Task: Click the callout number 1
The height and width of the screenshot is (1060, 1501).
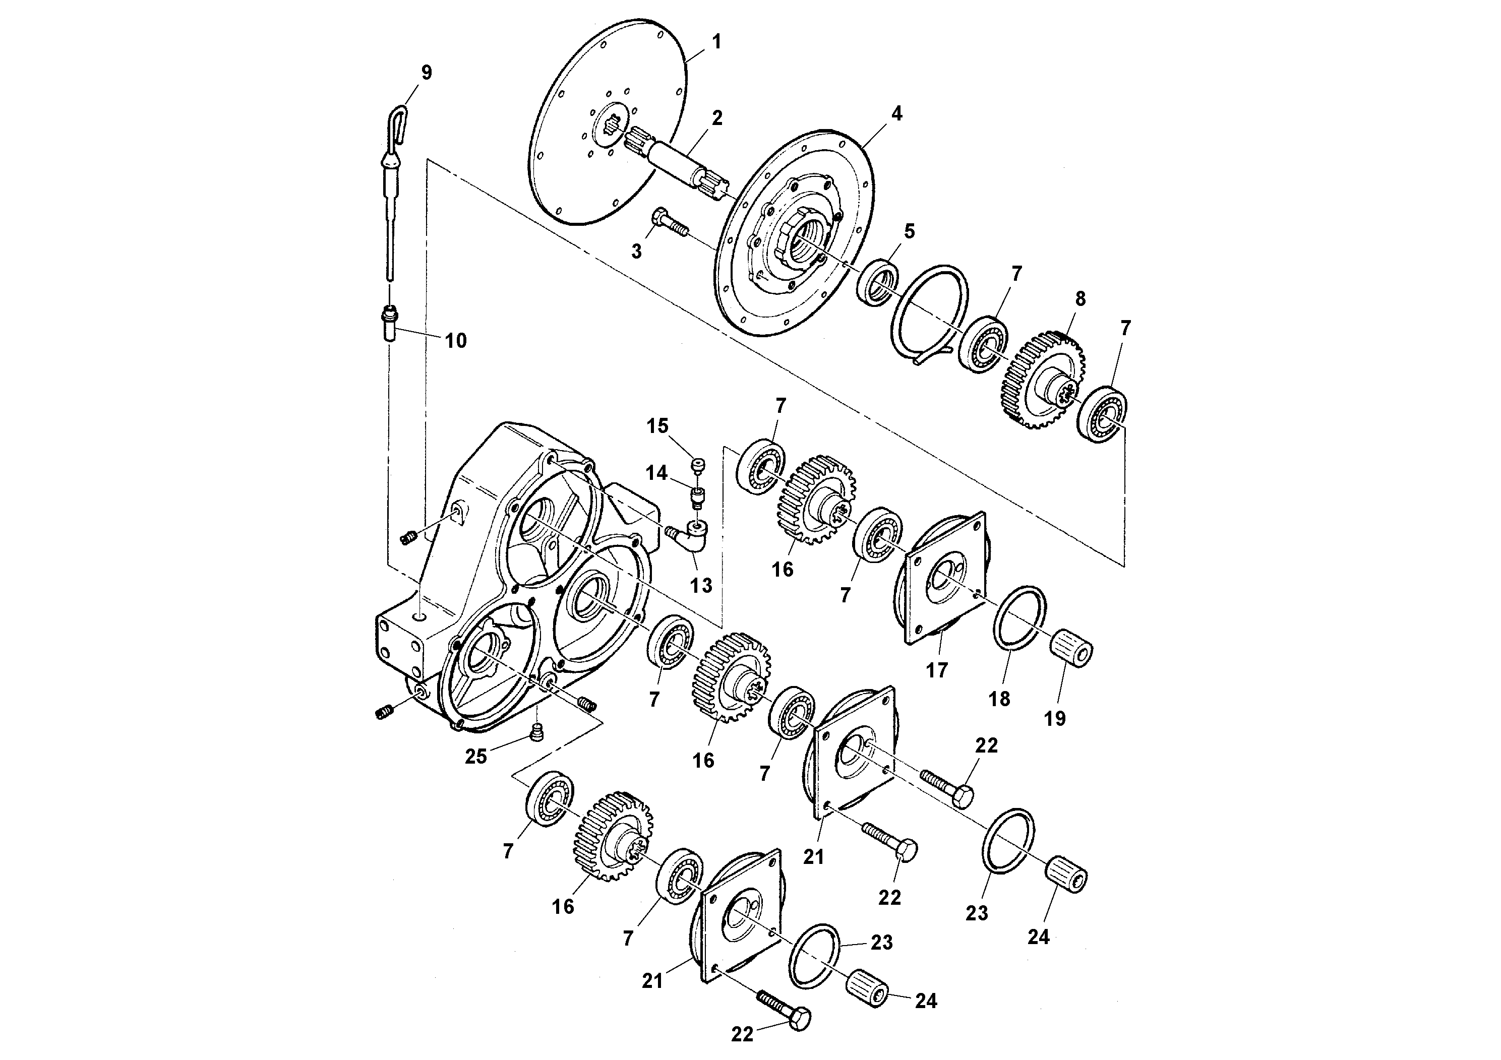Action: point(716,42)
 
